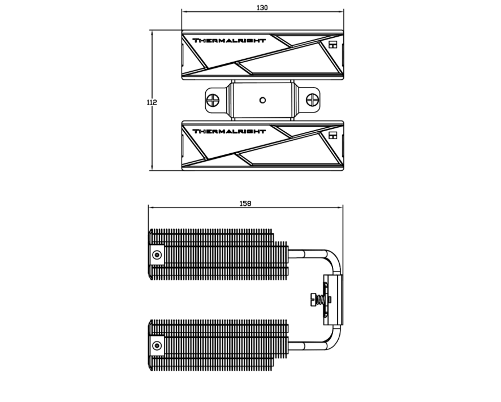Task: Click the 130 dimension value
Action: [262, 7]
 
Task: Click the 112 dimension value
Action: [152, 102]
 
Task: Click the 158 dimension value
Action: [245, 203]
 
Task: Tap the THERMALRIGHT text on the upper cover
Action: [229, 41]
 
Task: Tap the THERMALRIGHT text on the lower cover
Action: [229, 131]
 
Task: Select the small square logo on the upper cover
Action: [333, 45]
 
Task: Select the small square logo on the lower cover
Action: [333, 135]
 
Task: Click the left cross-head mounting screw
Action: [213, 100]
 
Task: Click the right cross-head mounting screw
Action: [313, 100]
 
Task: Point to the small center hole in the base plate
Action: [262, 100]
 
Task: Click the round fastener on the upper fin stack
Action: [157, 255]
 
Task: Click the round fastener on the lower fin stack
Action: [157, 345]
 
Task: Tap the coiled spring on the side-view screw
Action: [321, 300]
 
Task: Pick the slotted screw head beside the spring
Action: [313, 300]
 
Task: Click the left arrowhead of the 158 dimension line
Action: [152, 207]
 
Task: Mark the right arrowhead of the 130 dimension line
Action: [340, 11]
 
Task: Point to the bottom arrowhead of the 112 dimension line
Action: [152, 167]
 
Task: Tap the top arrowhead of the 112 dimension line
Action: [152, 33]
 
